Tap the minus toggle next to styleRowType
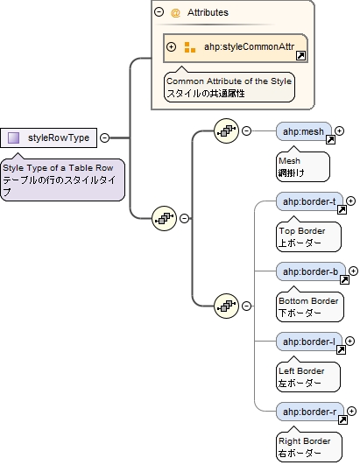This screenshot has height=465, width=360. (105, 137)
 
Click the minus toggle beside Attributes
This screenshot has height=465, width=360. (159, 13)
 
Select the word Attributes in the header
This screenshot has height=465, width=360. (208, 13)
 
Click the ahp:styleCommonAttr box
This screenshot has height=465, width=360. (236, 47)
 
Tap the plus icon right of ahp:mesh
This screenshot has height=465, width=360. (340, 131)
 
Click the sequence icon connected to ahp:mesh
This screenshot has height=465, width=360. (227, 131)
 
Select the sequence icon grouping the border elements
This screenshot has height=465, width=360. (227, 306)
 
